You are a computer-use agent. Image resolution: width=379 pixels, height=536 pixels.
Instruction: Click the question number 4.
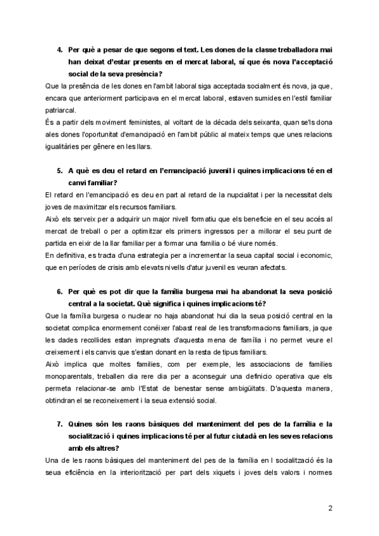60,49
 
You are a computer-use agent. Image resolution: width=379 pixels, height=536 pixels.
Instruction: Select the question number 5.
60,170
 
